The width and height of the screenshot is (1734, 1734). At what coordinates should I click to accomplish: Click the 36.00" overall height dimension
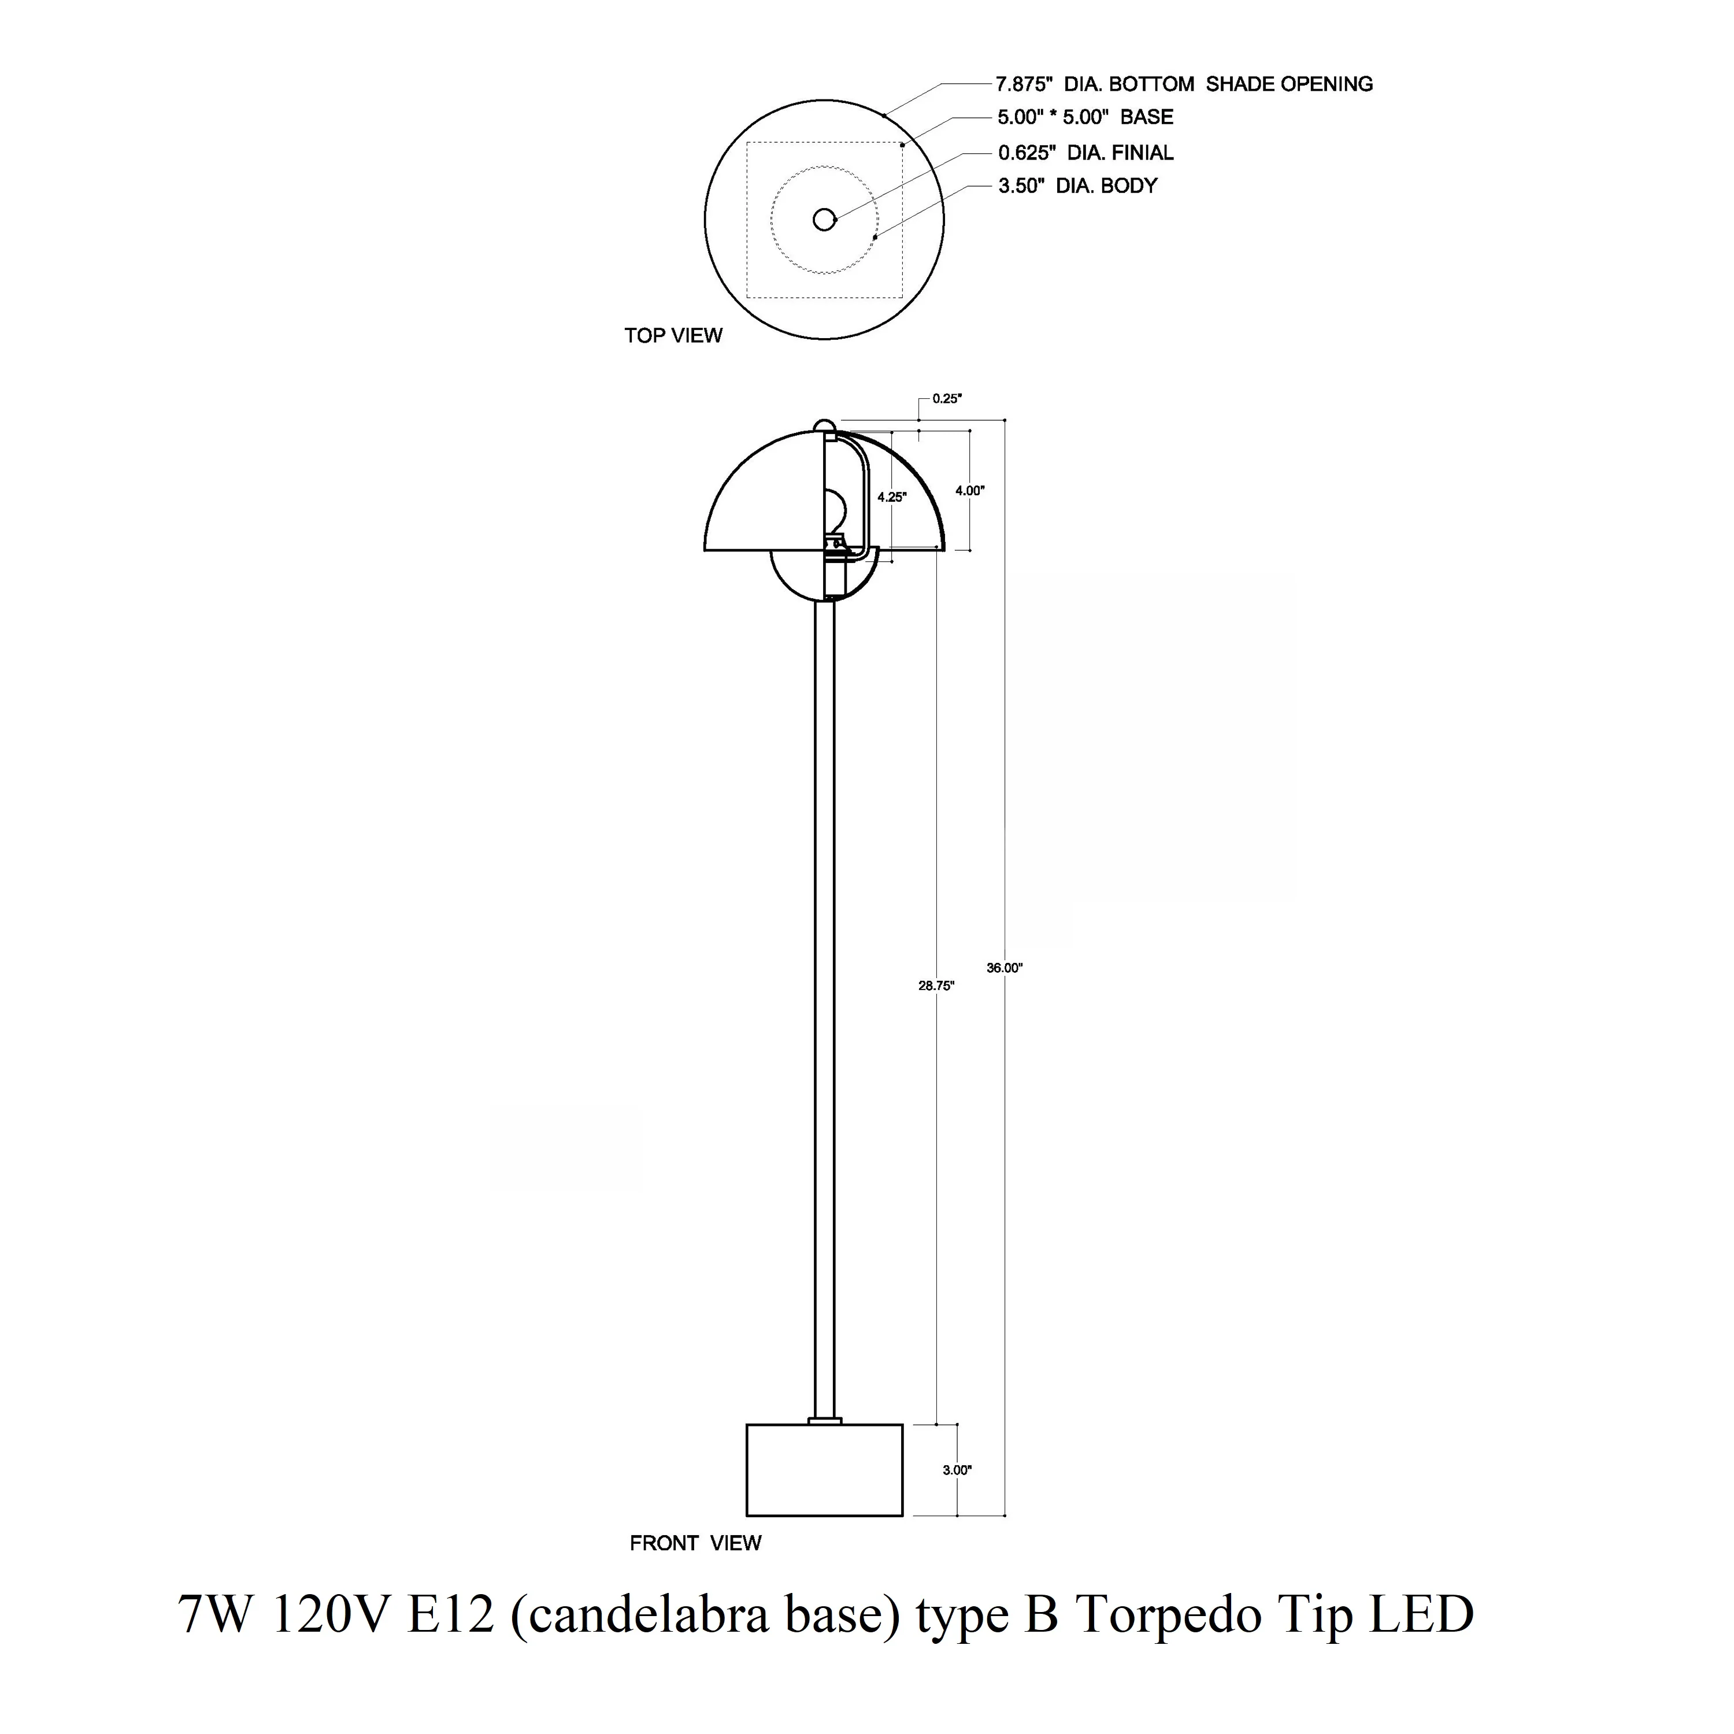(x=1005, y=968)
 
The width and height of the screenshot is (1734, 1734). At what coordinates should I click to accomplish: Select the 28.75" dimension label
(x=936, y=985)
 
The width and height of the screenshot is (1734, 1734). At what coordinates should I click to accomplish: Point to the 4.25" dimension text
(x=892, y=497)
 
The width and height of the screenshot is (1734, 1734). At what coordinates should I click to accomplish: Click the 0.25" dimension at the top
(x=947, y=398)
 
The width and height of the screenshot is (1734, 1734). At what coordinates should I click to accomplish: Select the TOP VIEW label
(x=673, y=336)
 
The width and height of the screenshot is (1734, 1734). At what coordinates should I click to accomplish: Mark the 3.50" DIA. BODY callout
(x=1078, y=186)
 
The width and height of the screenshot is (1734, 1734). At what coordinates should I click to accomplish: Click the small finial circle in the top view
(x=824, y=219)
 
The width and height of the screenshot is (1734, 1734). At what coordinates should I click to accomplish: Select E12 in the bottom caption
(x=451, y=1614)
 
